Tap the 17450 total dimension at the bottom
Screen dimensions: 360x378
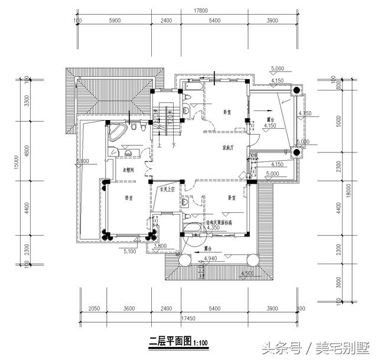[x=188, y=318]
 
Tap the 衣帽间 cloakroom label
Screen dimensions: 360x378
[x=128, y=170]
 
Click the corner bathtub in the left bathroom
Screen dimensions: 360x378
[x=118, y=131]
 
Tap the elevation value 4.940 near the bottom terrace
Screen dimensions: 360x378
[x=211, y=259]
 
